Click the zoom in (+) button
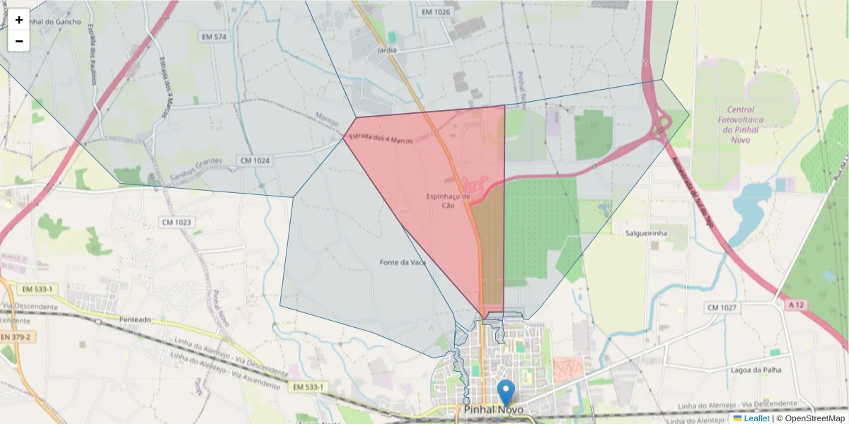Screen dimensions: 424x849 (19, 20)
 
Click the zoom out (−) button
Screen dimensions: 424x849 (19, 41)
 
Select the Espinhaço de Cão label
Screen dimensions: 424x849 (448, 201)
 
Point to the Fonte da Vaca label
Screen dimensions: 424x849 (403, 262)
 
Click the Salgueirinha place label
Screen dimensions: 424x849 (647, 232)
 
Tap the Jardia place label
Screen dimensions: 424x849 (387, 50)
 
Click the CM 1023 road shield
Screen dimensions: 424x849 (177, 223)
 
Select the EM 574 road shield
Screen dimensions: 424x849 (213, 37)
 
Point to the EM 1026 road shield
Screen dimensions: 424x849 (435, 12)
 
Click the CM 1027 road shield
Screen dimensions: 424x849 (722, 307)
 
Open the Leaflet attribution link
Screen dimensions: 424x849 (756, 418)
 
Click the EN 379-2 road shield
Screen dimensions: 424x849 (16, 337)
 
